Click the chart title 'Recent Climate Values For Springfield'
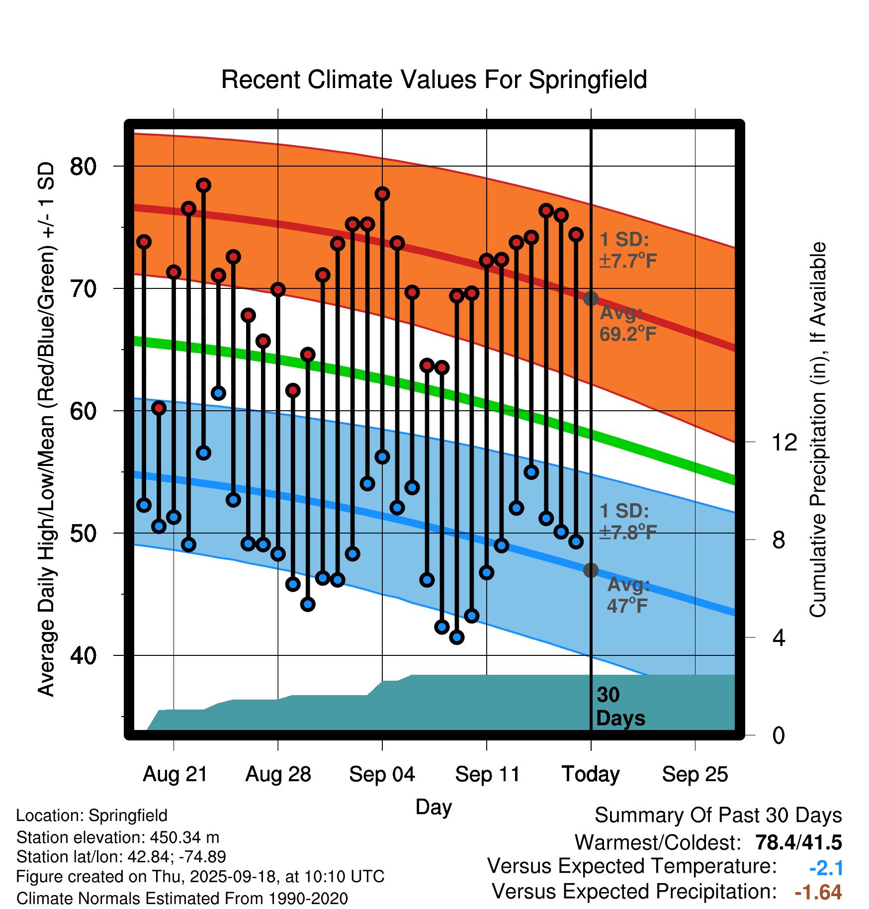pyautogui.click(x=434, y=80)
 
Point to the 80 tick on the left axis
pyautogui.click(x=83, y=166)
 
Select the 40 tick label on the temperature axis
pyautogui.click(x=83, y=655)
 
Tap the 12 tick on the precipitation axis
pyautogui.click(x=784, y=442)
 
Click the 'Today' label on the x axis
pyautogui.click(x=591, y=774)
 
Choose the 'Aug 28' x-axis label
pyautogui.click(x=278, y=774)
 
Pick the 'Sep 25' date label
pyautogui.click(x=695, y=774)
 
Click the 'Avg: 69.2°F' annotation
pyautogui.click(x=627, y=324)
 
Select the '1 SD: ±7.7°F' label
pyautogui.click(x=627, y=250)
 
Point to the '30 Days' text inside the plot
pyautogui.click(x=620, y=707)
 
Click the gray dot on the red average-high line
pyautogui.click(x=591, y=298)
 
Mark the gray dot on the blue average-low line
pyautogui.click(x=591, y=570)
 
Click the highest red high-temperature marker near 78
pyautogui.click(x=203, y=185)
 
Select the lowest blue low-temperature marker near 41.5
pyautogui.click(x=457, y=637)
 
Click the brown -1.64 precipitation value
pyautogui.click(x=818, y=892)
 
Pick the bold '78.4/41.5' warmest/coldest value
pyautogui.click(x=798, y=842)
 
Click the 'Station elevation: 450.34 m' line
pyautogui.click(x=118, y=837)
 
